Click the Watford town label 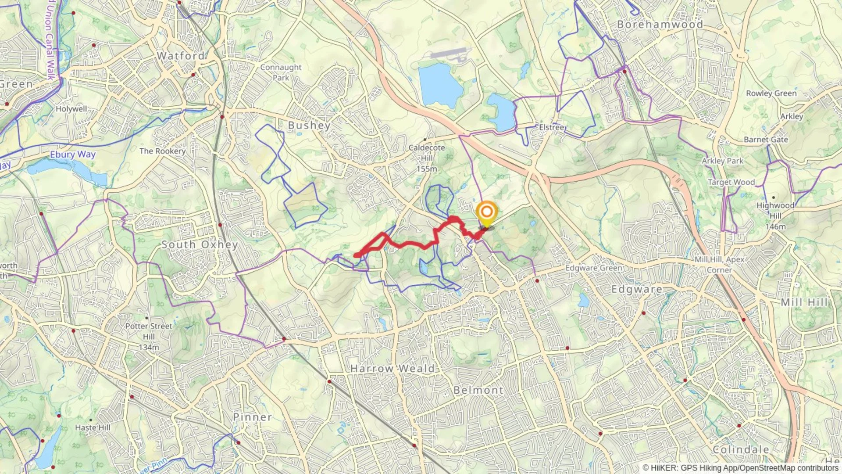point(181,56)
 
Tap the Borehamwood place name point(660,25)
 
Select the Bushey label point(309,126)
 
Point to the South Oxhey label point(200,244)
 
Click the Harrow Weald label point(392,369)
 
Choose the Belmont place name point(478,390)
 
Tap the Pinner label point(252,417)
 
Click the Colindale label point(741,449)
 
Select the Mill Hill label point(804,302)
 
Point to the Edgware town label point(637,289)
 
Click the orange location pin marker point(486,213)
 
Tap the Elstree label point(552,127)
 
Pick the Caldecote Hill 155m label point(427,158)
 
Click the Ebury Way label point(73,154)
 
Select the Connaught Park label point(281,72)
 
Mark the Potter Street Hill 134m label point(149,337)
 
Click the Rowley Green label point(771,93)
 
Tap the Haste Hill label point(93,427)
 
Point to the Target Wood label point(731,182)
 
